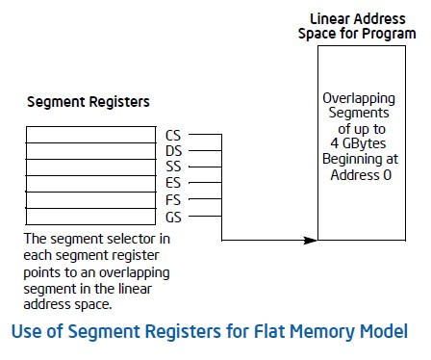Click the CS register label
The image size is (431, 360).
(174, 136)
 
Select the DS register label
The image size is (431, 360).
(174, 152)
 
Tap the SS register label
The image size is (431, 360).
(174, 168)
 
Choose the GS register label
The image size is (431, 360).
(174, 218)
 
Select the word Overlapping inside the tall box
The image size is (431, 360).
(357, 98)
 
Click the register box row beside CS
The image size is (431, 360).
(92, 136)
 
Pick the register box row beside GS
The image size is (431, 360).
(92, 218)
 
